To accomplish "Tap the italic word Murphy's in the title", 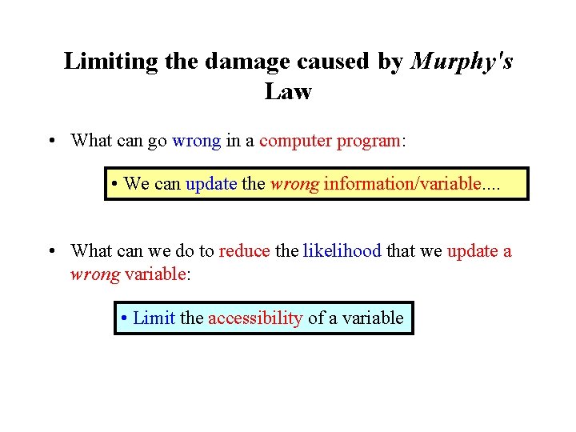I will [x=462, y=62].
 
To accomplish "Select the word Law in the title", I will [x=288, y=92].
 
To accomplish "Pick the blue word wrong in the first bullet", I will [x=196, y=141].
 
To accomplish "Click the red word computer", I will [x=295, y=141].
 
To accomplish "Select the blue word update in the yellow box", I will [x=211, y=184].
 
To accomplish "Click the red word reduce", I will [x=244, y=251].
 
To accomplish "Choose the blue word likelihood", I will [x=342, y=251].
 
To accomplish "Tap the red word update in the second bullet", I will [x=472, y=251].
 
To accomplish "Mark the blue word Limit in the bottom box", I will [x=154, y=318].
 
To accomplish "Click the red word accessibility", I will [x=255, y=318].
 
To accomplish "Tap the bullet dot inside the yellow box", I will [x=116, y=185].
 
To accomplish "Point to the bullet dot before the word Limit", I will [x=124, y=319].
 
